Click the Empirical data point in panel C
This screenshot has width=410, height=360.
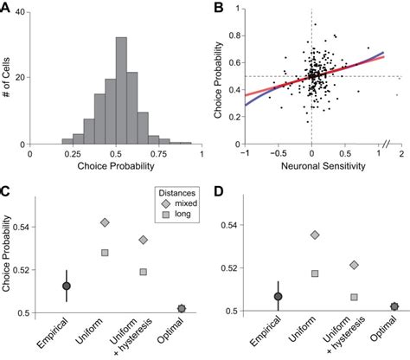tap(67, 285)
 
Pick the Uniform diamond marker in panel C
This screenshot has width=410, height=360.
tap(105, 222)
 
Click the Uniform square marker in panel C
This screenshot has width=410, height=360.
tap(105, 253)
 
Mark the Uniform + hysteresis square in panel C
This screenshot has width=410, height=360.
tap(143, 272)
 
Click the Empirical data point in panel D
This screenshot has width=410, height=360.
tap(277, 296)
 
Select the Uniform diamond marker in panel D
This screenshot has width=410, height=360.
tap(315, 235)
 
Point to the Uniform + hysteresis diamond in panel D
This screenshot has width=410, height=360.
tap(353, 265)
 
